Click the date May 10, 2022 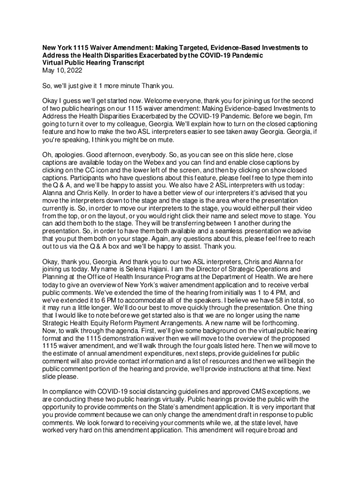[x=62, y=71]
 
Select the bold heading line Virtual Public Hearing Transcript [x=94, y=63]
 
